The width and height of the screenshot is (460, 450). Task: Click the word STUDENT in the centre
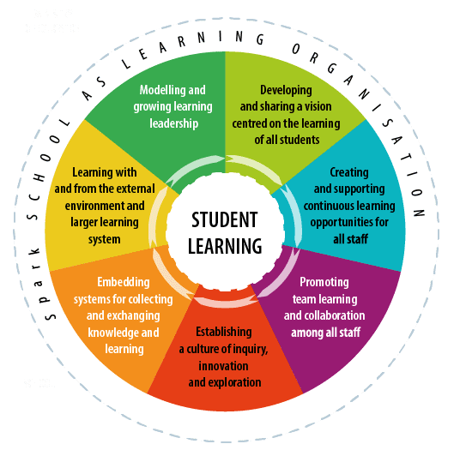[x=225, y=219]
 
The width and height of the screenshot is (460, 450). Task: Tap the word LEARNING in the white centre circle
[x=225, y=246]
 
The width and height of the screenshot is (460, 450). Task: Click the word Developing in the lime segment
[x=286, y=91]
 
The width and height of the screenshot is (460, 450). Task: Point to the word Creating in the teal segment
[x=349, y=172]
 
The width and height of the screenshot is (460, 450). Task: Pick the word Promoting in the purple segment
[x=324, y=282]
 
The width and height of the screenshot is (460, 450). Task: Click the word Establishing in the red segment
[x=224, y=333]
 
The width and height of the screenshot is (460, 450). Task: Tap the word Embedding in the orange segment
[x=124, y=282]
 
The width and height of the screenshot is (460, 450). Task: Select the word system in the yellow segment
[x=105, y=240]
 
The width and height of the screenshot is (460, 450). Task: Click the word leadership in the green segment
[x=174, y=123]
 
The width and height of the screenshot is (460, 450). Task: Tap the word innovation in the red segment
[x=223, y=366]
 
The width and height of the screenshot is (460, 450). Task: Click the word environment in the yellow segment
[x=92, y=206]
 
